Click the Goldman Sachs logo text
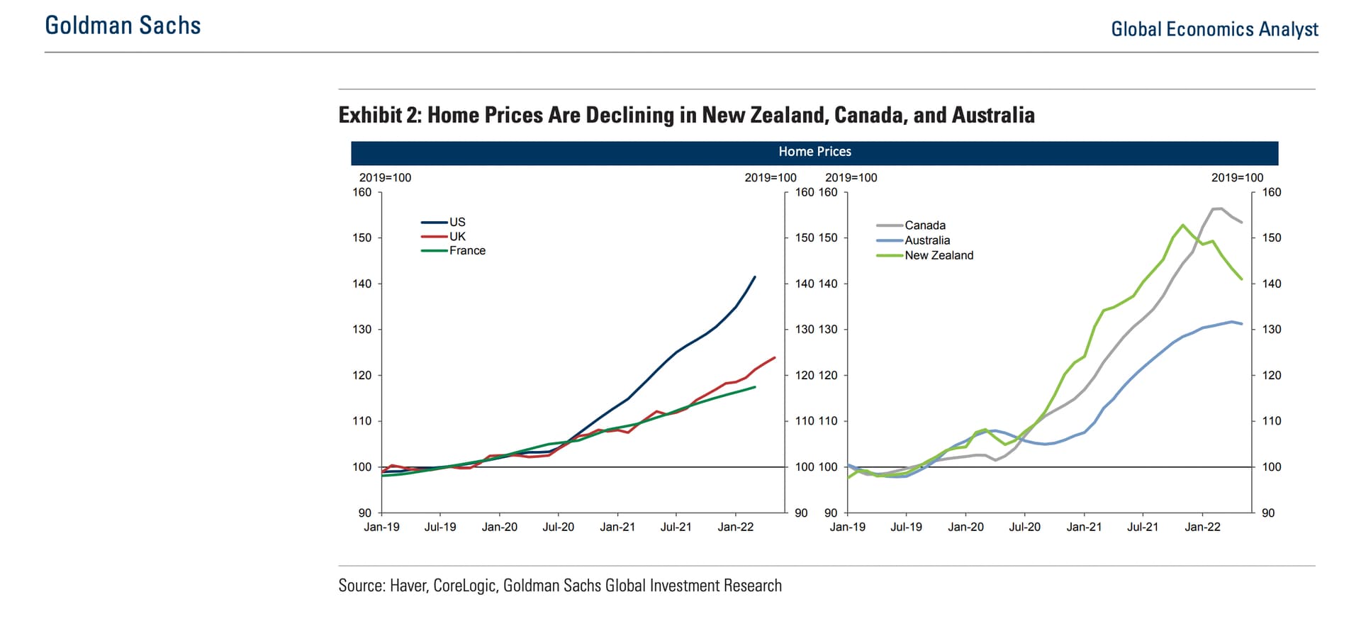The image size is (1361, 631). (x=123, y=26)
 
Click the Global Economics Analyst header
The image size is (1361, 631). (x=1214, y=29)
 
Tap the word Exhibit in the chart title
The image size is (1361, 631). (x=370, y=115)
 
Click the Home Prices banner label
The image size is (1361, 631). (x=814, y=152)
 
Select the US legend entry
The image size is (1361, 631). (x=457, y=222)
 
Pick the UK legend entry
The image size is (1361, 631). (x=457, y=236)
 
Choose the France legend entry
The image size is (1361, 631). (x=467, y=250)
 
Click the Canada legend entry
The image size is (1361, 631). (x=924, y=225)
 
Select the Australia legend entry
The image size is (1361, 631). (x=926, y=240)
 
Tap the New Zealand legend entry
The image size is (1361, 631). (x=939, y=255)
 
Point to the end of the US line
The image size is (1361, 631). (x=755, y=277)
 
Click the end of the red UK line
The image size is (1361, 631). (x=775, y=357)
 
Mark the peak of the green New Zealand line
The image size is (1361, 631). (x=1182, y=225)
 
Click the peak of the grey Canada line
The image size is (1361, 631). (x=1218, y=208)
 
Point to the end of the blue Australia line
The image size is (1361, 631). (x=1242, y=324)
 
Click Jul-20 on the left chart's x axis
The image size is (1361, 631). (x=559, y=527)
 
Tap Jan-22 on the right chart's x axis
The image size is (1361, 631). (x=1202, y=527)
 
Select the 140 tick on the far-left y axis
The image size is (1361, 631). (x=362, y=284)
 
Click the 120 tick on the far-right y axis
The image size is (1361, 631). (x=1272, y=375)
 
